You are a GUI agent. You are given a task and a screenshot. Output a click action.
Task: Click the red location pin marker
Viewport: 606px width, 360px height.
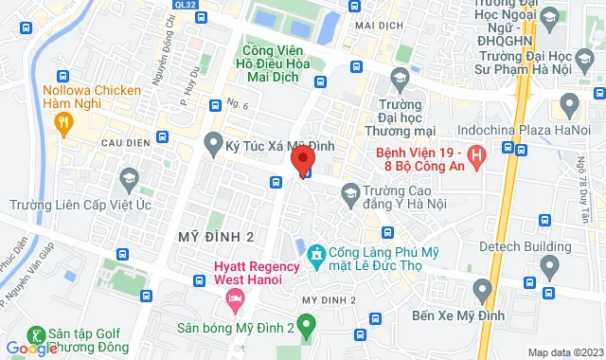pos(304,159)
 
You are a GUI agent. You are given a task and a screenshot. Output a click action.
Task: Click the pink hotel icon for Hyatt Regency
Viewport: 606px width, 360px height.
pos(233,299)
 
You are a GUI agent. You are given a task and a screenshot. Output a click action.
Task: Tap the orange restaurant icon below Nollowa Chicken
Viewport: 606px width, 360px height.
pos(62,121)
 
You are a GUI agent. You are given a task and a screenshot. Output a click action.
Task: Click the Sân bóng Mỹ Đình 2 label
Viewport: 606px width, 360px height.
pos(234,329)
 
